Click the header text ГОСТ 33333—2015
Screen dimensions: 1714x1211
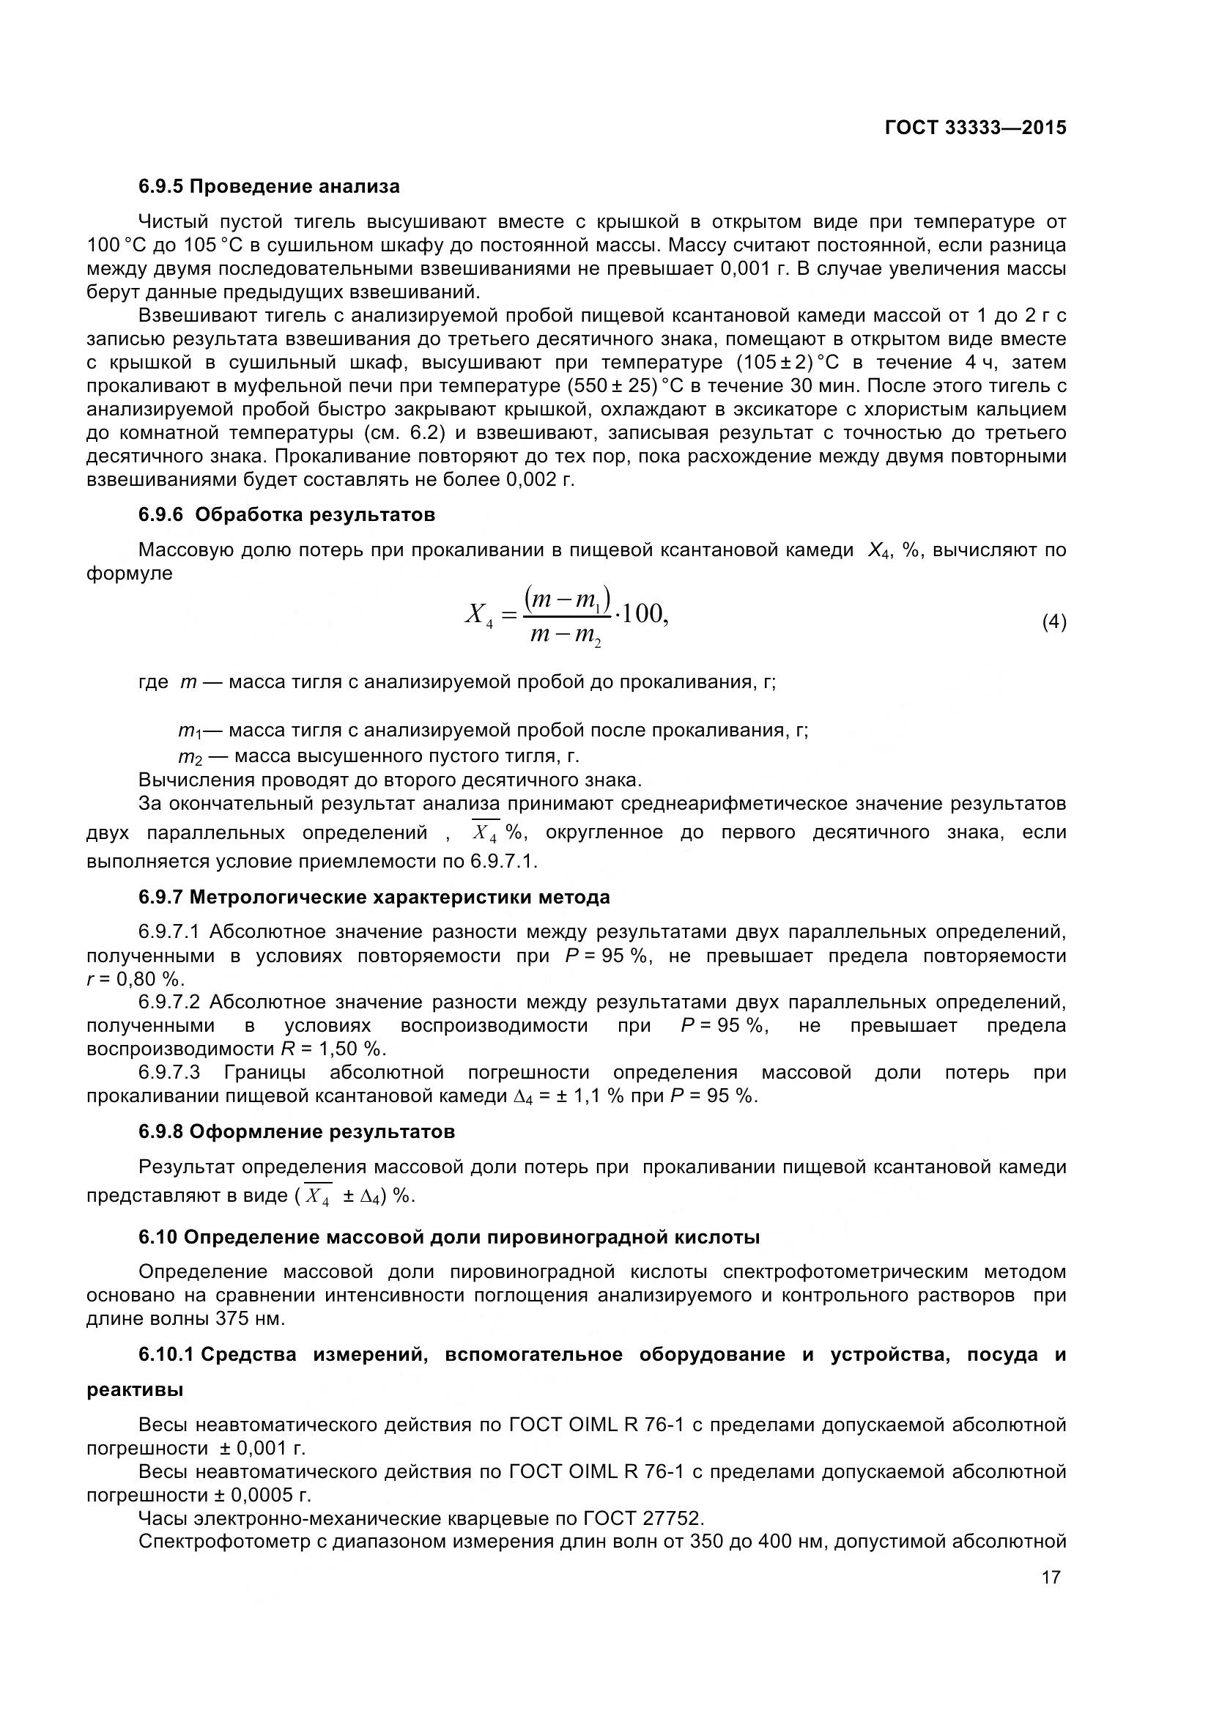975,128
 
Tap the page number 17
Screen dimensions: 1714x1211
1051,1578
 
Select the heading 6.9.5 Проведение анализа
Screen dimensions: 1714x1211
269,186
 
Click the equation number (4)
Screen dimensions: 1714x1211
1053,622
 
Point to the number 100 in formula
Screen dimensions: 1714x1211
640,614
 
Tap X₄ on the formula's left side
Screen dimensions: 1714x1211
479,615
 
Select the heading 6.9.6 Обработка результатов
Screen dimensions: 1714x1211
286,514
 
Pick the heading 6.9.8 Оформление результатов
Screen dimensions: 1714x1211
296,1131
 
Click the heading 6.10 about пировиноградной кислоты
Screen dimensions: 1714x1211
449,1237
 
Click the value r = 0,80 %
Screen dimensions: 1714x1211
135,980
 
